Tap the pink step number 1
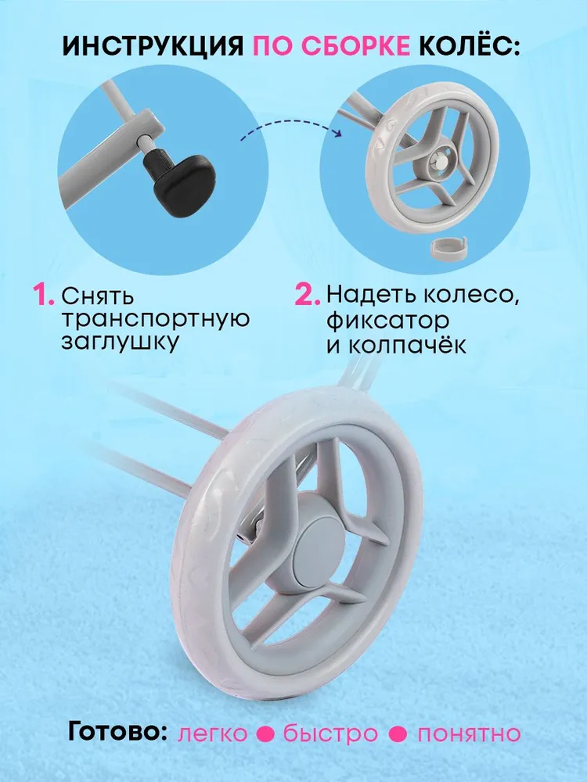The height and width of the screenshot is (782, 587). click(43, 297)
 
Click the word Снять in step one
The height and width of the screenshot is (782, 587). click(98, 297)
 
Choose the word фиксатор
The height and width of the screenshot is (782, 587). click(388, 320)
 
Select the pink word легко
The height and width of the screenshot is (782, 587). click(213, 734)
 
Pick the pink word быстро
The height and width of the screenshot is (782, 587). click(330, 734)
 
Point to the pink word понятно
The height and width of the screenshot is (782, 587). click(468, 734)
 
